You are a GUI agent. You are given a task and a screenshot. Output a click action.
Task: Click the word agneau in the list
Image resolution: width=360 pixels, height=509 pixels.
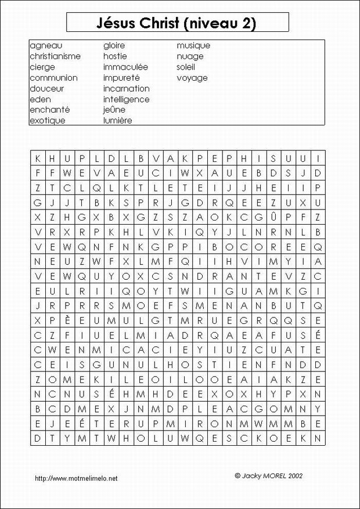[x=46, y=45]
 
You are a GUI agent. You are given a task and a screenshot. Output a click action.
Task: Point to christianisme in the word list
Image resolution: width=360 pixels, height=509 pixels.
[x=55, y=56]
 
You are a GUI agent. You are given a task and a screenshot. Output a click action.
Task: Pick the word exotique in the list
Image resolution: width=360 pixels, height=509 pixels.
[x=48, y=121]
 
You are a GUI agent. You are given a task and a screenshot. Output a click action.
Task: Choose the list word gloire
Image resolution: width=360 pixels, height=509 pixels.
[x=114, y=45]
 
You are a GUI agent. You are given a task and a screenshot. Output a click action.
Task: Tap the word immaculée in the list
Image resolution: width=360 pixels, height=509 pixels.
[x=125, y=67]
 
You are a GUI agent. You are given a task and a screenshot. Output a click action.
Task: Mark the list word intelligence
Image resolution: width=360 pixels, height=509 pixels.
[x=126, y=99]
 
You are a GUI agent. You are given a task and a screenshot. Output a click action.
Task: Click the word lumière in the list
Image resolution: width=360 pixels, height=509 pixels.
[x=117, y=121]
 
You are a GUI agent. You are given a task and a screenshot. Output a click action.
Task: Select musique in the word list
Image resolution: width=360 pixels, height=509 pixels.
[x=193, y=45]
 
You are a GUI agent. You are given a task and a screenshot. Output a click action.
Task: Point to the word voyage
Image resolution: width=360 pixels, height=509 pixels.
[x=192, y=78]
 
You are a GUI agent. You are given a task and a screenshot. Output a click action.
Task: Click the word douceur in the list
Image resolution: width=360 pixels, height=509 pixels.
[x=47, y=89]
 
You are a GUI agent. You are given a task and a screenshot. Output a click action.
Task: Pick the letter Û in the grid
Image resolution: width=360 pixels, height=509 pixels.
[x=273, y=216]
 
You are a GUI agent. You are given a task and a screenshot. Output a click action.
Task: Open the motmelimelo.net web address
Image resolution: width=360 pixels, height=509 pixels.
[x=76, y=478]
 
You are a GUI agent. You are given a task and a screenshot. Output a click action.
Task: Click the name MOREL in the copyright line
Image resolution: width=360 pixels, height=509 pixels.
[x=276, y=475]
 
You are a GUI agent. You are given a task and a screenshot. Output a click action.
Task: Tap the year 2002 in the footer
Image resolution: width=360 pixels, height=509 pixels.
[x=294, y=475]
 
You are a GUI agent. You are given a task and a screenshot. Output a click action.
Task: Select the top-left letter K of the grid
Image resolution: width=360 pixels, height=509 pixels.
[x=37, y=158]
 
